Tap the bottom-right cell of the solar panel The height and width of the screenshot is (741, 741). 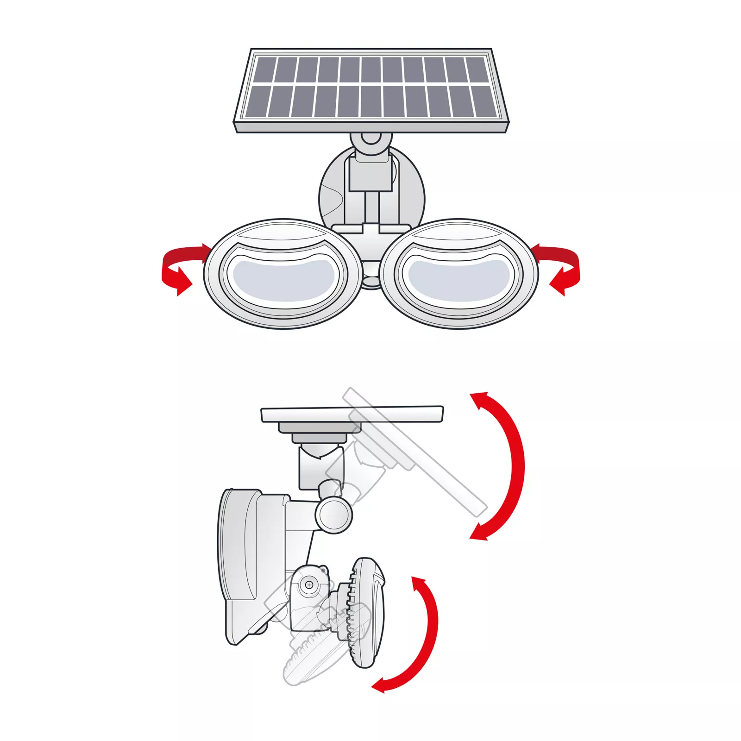482,101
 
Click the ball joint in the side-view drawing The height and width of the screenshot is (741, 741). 333,514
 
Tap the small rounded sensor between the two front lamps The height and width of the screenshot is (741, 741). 370,278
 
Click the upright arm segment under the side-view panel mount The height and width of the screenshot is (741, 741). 320,468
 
